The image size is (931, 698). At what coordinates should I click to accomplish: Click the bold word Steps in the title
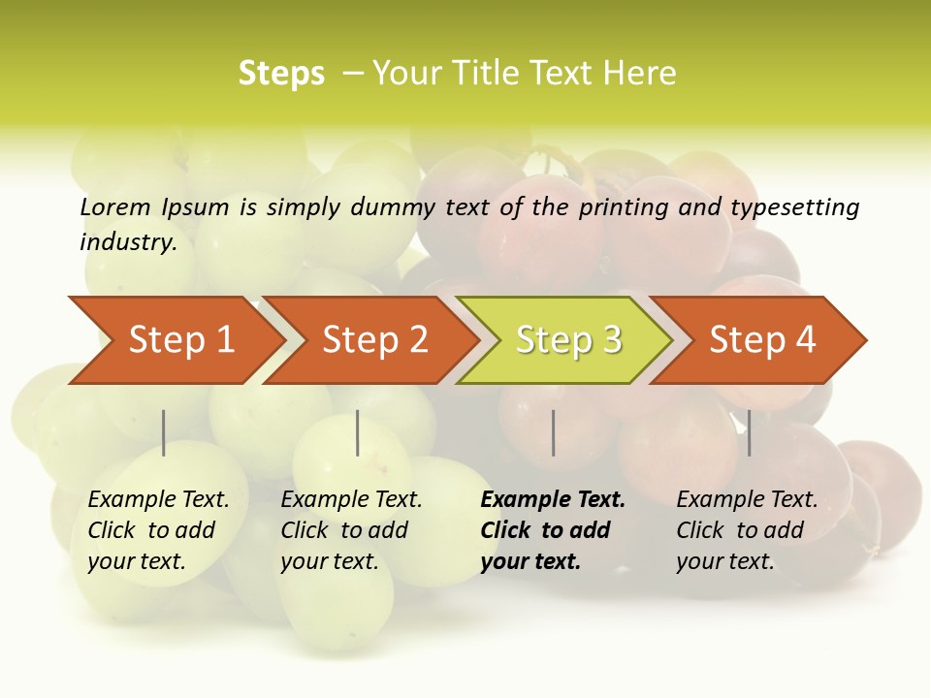[281, 74]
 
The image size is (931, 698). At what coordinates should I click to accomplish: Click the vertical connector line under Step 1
[164, 432]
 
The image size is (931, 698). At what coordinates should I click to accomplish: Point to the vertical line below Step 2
[358, 432]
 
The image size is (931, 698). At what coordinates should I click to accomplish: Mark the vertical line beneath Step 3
[553, 432]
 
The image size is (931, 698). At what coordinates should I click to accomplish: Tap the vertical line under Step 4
[749, 432]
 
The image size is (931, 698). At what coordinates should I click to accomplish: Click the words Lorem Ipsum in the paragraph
[154, 206]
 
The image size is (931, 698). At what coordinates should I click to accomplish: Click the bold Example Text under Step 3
[553, 499]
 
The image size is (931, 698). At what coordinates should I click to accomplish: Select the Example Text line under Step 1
[158, 499]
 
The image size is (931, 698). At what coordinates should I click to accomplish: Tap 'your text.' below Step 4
[725, 561]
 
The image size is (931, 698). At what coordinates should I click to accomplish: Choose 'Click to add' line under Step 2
[344, 530]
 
